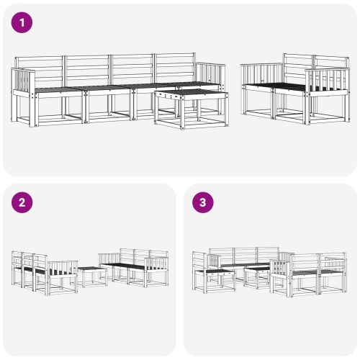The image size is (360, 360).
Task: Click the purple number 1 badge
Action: (x=23, y=23)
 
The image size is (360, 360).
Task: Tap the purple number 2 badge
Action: (x=23, y=202)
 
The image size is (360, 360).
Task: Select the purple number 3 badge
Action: (x=203, y=202)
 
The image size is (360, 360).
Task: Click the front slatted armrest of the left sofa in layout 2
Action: (x=63, y=268)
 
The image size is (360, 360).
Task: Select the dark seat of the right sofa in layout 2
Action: (x=126, y=266)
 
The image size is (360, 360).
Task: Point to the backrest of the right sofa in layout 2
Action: (x=137, y=256)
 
